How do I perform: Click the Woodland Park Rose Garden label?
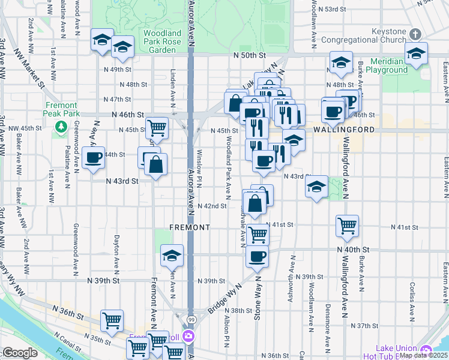tap(162, 41)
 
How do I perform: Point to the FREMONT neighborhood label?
tap(190, 228)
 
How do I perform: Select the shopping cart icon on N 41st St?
tap(347, 226)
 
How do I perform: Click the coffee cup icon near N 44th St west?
tap(93, 158)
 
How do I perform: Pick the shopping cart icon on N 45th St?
tap(156, 127)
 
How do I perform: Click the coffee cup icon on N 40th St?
tap(258, 256)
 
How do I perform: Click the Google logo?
tap(20, 353)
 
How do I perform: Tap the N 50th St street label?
tap(250, 55)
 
